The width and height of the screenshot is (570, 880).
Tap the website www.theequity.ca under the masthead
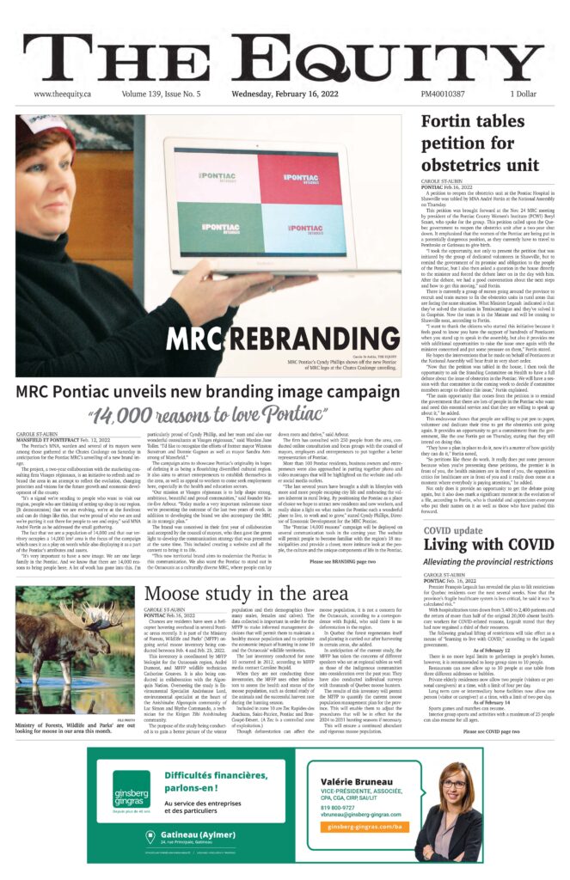tap(64, 94)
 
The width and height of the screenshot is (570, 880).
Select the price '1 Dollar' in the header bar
tap(524, 94)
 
